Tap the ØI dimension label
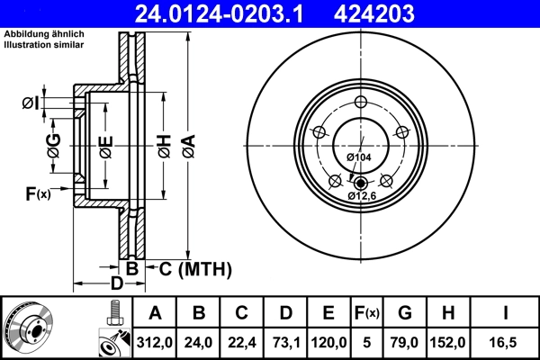[x=30, y=103]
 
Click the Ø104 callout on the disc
[x=359, y=158]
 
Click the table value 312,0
[x=155, y=341]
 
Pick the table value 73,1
[x=285, y=341]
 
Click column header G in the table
[x=404, y=313]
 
